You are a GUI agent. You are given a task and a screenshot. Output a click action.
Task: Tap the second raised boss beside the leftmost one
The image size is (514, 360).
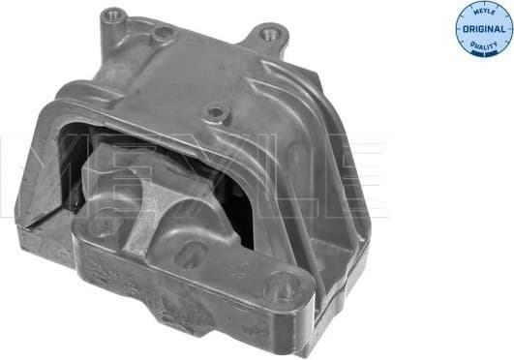[163, 36]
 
